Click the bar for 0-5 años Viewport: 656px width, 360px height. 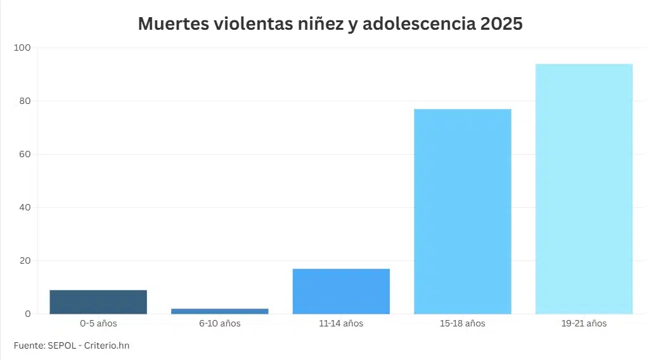click(x=98, y=302)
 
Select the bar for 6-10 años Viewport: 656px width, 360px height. click(x=219, y=311)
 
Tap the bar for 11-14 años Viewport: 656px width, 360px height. click(x=341, y=292)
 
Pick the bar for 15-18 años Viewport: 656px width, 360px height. click(x=462, y=212)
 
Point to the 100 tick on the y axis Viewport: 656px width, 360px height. click(x=22, y=48)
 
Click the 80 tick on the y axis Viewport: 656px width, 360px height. click(x=24, y=101)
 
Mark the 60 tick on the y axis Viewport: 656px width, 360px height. click(x=24, y=154)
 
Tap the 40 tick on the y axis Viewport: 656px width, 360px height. click(x=24, y=207)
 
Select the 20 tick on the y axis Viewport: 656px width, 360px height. click(x=24, y=260)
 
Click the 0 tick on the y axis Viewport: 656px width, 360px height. click(x=27, y=314)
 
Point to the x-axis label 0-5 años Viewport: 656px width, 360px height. click(x=98, y=324)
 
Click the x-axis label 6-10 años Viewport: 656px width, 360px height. click(x=219, y=324)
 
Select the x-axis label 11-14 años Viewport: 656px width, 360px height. click(x=341, y=324)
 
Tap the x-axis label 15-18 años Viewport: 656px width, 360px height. click(x=462, y=324)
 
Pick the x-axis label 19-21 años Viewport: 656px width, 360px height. click(x=584, y=324)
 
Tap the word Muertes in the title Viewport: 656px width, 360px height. click(x=173, y=24)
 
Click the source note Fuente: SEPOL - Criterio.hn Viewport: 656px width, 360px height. click(x=75, y=345)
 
